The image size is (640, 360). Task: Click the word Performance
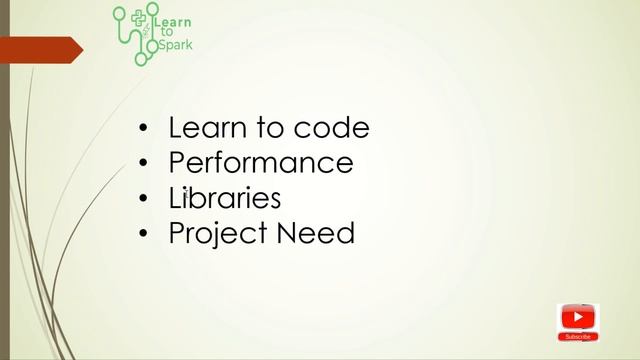pos(261,163)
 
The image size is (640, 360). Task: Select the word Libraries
pos(225,198)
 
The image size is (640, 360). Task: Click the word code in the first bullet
pos(332,128)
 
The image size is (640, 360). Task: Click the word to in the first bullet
pos(271,129)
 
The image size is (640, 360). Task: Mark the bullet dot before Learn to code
pos(144,129)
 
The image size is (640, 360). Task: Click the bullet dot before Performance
pos(144,164)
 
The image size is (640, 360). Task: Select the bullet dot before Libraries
pos(144,199)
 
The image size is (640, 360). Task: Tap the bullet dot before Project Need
pos(144,235)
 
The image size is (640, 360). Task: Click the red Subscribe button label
pos(578,337)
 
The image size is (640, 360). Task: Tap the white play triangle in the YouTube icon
pos(578,318)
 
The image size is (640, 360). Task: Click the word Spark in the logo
pos(176,45)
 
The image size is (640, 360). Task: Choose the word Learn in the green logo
pos(175,22)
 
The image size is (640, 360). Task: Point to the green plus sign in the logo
pos(139,17)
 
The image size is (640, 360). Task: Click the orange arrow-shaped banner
pos(40,49)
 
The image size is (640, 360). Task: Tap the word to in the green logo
pos(166,33)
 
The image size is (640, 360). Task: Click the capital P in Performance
pos(177,163)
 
